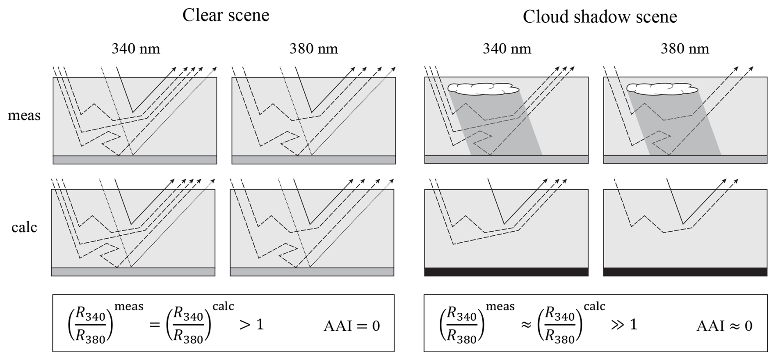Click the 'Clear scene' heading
(226, 16)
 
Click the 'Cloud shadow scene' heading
(600, 17)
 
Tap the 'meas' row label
(24, 116)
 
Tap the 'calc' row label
(24, 227)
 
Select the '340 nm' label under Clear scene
(136, 49)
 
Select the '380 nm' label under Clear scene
(314, 49)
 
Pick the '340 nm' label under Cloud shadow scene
(507, 49)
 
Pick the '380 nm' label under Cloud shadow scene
(685, 49)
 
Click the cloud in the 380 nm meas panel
(662, 89)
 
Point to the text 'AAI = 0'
(352, 326)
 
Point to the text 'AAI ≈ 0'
(724, 326)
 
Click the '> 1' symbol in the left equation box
(251, 325)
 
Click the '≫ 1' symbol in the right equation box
(624, 325)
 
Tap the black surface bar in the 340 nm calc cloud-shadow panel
(506, 272)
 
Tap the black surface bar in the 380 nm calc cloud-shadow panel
(685, 272)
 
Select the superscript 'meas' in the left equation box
(129, 306)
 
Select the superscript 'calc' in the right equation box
(594, 306)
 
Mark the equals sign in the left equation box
(154, 325)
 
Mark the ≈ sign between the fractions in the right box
(526, 325)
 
